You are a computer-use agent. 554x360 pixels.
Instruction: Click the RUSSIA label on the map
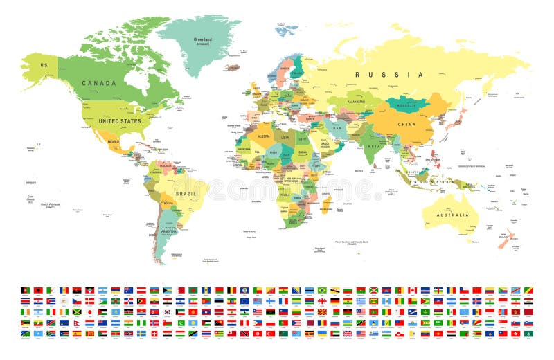388,74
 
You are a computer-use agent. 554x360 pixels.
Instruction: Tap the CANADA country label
98,83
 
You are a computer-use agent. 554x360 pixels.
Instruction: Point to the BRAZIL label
184,194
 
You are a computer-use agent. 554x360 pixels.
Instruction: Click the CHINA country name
406,124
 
